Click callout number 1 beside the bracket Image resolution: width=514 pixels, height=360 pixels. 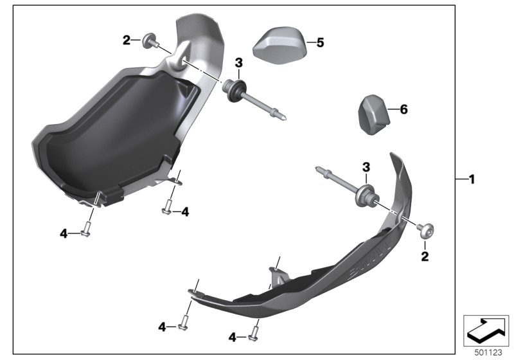472,179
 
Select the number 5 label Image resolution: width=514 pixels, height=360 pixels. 320,42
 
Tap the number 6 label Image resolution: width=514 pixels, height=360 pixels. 403,110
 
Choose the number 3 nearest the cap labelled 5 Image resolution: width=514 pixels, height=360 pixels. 238,62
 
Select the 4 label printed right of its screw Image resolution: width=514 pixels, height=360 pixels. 184,211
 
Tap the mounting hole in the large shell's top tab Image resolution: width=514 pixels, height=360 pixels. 182,60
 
